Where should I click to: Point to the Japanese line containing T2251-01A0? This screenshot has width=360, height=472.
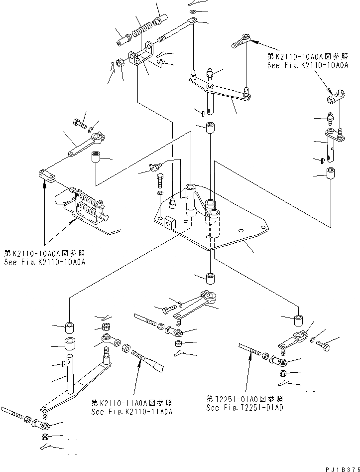coord(245,399)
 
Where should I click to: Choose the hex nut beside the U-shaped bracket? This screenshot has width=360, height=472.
coord(120,63)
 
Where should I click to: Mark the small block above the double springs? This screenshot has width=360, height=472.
coord(47,174)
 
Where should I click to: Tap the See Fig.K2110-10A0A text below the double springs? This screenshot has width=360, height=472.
coord(44,262)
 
